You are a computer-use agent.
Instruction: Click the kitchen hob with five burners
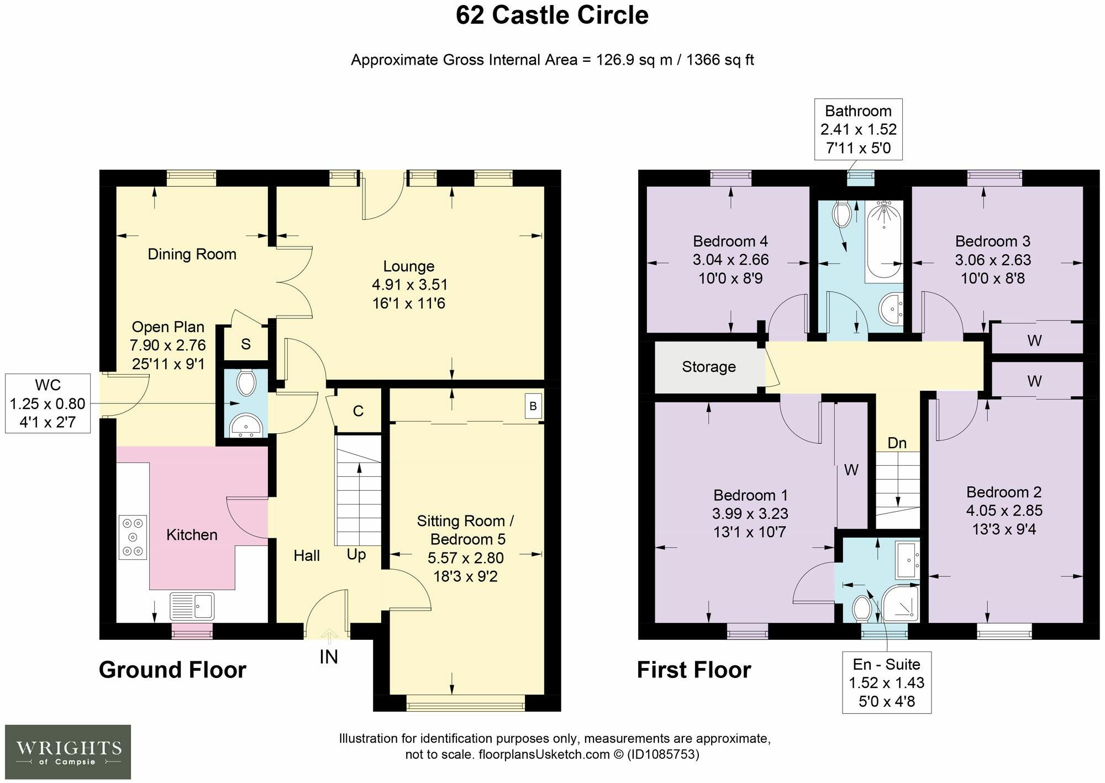click(x=133, y=537)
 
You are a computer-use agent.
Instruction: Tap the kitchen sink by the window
click(x=192, y=606)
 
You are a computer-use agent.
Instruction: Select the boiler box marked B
click(x=533, y=406)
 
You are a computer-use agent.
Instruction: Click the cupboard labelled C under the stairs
click(x=358, y=411)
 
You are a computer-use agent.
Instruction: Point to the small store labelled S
click(x=246, y=344)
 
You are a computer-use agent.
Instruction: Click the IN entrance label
click(x=329, y=656)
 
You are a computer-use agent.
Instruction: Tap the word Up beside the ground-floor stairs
click(x=356, y=554)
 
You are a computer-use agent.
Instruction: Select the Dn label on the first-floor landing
click(x=897, y=443)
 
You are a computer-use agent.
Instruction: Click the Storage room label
click(x=709, y=367)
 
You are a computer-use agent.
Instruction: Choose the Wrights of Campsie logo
click(x=68, y=752)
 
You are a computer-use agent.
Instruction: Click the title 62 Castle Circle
click(x=552, y=15)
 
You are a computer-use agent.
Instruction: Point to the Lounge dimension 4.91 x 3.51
click(x=409, y=285)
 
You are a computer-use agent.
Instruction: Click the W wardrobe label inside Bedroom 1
click(x=851, y=470)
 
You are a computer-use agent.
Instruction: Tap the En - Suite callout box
click(x=887, y=682)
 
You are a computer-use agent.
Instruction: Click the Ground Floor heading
click(x=172, y=670)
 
